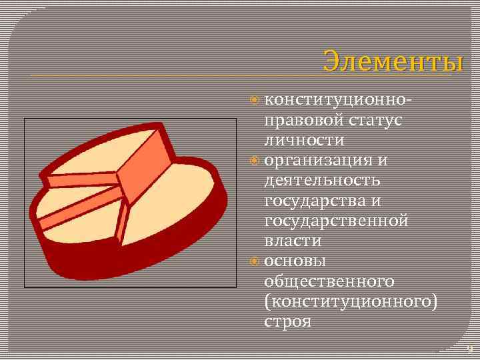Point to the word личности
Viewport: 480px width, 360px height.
(x=305, y=141)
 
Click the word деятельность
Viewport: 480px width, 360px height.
(x=323, y=181)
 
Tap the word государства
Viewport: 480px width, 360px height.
(x=318, y=201)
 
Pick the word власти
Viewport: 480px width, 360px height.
(x=293, y=241)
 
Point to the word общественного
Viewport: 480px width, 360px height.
(x=329, y=281)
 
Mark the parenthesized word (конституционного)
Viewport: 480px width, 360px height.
(x=351, y=301)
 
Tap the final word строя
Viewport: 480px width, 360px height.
(x=287, y=321)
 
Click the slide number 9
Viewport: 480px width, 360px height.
(x=469, y=349)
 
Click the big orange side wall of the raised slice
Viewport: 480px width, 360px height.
(x=146, y=167)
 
